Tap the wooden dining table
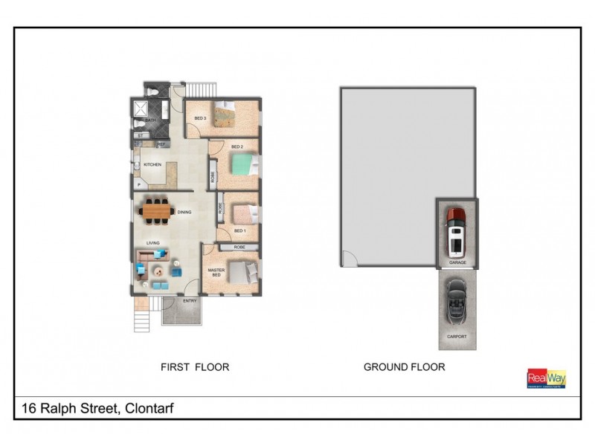point(157,212)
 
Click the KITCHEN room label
point(152,165)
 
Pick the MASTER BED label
point(216,273)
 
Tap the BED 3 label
point(199,119)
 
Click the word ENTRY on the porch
point(189,301)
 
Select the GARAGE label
point(457,262)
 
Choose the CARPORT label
point(457,337)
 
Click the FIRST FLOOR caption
point(195,366)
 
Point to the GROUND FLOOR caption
point(404,366)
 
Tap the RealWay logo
point(547,378)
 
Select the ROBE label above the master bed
point(239,247)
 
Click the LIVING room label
point(153,242)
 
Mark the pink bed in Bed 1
point(243,214)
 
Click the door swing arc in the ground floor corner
point(350,258)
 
